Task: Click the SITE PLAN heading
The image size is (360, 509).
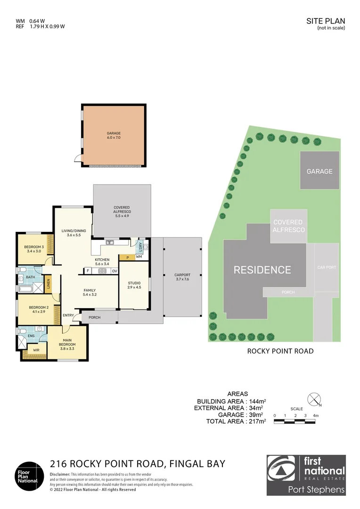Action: (326, 21)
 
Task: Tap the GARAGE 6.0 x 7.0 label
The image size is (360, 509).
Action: (114, 136)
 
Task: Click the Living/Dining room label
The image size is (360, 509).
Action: (74, 233)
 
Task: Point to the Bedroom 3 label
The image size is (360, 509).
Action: (34, 249)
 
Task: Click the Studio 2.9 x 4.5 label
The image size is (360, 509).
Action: (134, 285)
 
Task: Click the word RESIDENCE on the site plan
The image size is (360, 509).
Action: (262, 270)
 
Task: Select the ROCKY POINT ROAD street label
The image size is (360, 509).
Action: (280, 351)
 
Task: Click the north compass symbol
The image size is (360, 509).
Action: (313, 400)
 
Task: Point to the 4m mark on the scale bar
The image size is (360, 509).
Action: (316, 416)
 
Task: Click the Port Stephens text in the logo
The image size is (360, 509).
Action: (316, 489)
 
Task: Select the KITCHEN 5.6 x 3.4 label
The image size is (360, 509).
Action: (102, 262)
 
